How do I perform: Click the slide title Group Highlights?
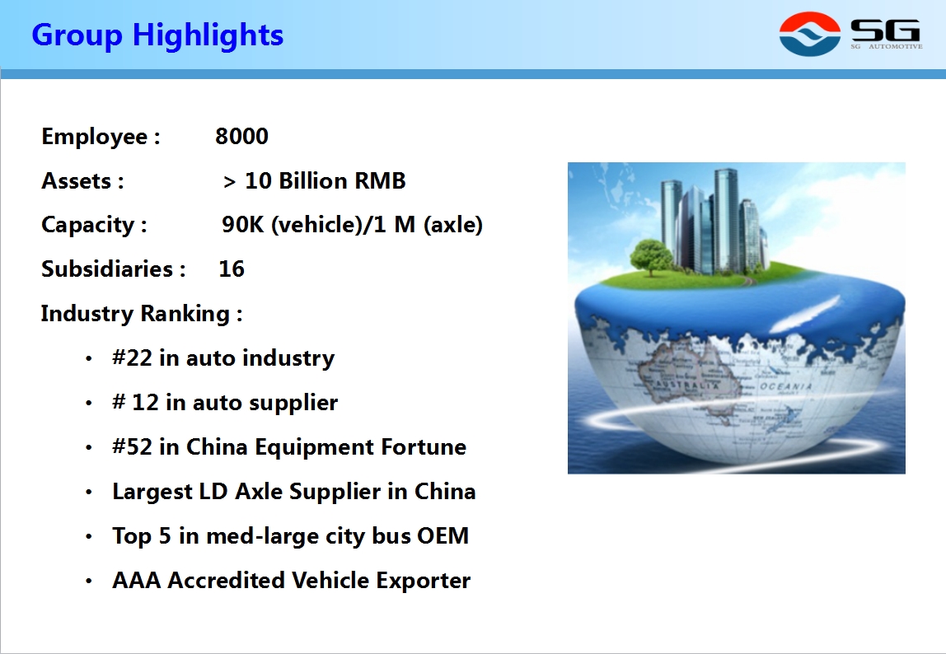pos(157,35)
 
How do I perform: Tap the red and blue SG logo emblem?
pos(810,34)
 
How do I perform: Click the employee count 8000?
pos(241,137)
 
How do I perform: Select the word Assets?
pos(76,181)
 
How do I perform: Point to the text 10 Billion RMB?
pos(325,181)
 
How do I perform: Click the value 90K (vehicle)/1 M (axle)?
pos(353,225)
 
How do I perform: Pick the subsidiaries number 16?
pos(232,269)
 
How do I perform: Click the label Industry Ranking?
pos(135,314)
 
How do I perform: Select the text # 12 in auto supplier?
pos(225,403)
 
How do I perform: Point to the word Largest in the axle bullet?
pos(152,492)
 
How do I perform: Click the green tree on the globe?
pos(651,256)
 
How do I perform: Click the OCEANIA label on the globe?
pos(785,386)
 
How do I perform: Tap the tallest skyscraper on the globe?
pos(725,220)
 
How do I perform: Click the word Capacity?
pos(87,226)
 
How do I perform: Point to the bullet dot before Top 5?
pos(89,536)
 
